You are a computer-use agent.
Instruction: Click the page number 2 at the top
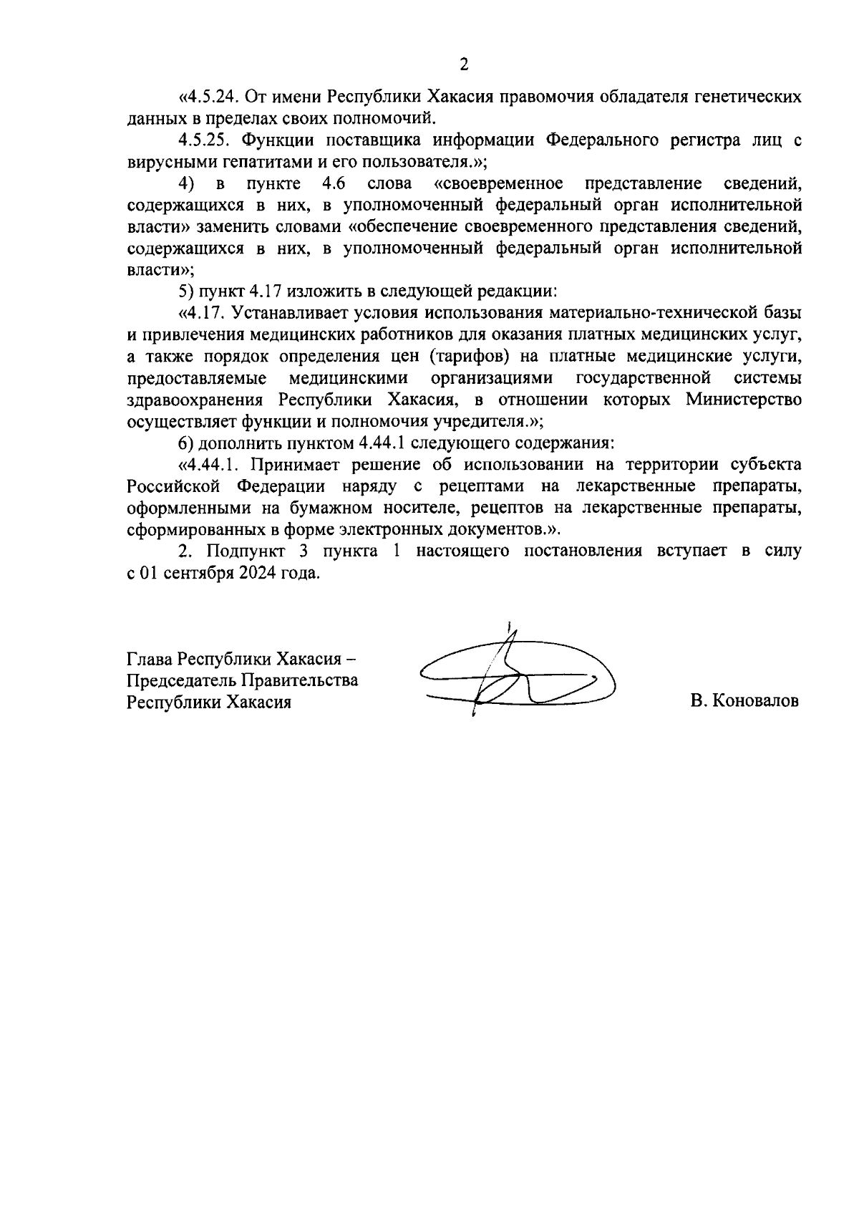[x=464, y=65]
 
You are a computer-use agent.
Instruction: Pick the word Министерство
[x=743, y=400]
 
